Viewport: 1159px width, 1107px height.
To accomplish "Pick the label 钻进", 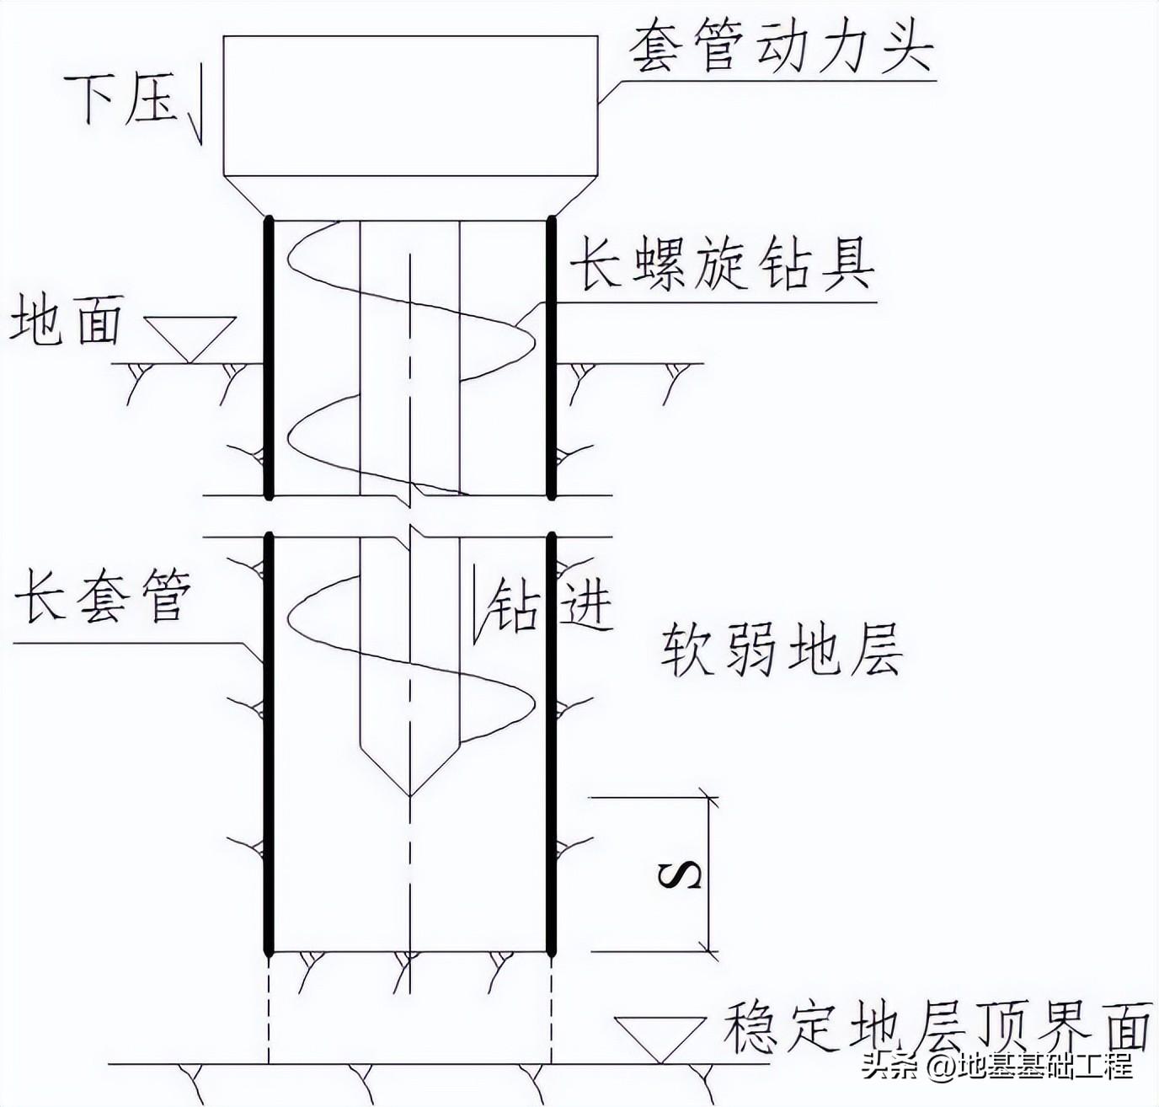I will [552, 604].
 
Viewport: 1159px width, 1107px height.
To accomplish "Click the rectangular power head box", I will [410, 105].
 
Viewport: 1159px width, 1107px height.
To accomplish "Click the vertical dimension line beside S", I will [713, 874].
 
